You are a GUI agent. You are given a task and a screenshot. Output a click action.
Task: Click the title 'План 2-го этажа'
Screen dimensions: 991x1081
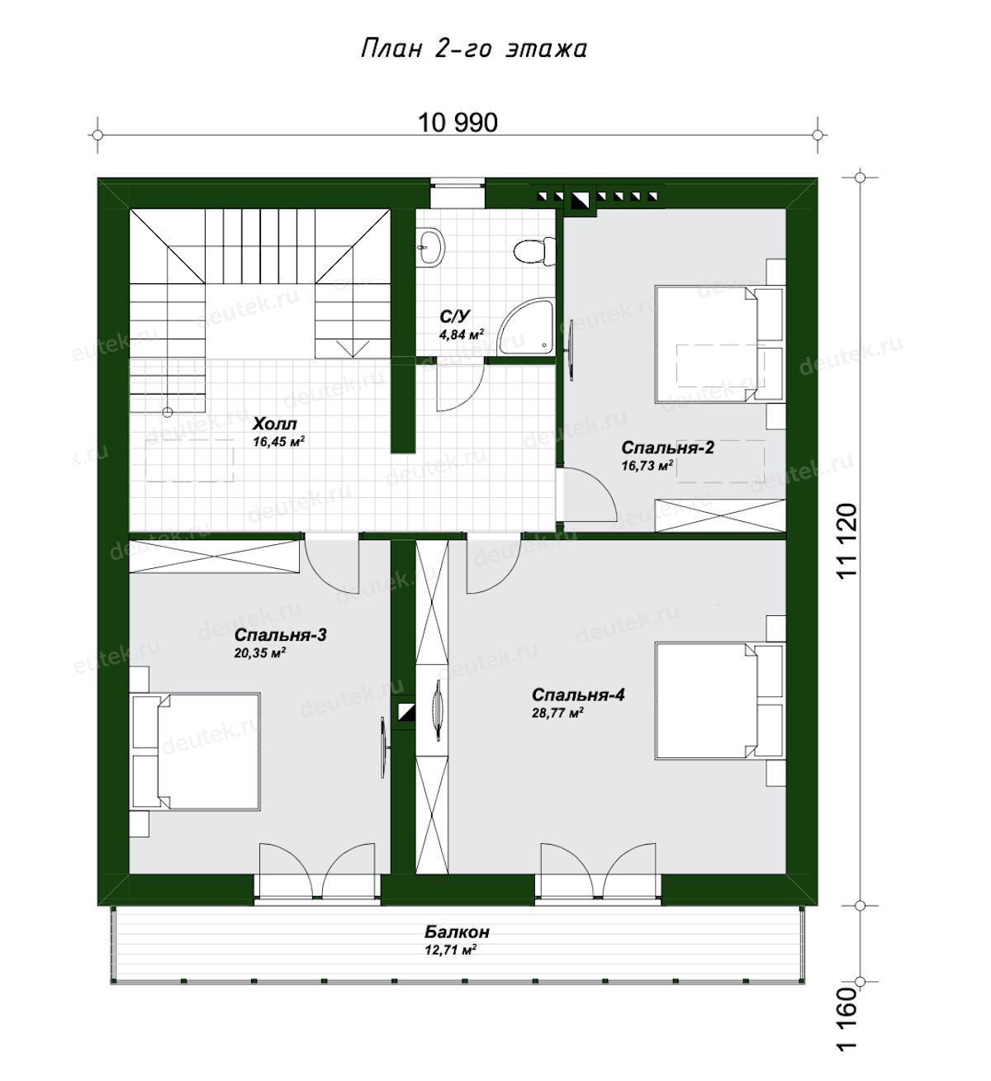click(x=474, y=49)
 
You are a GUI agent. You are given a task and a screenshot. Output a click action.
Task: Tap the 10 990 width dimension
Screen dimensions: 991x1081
click(x=458, y=123)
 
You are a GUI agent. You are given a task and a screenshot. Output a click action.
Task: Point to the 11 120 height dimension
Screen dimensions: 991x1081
click(x=846, y=541)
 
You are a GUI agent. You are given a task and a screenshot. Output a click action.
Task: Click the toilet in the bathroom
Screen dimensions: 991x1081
click(x=534, y=251)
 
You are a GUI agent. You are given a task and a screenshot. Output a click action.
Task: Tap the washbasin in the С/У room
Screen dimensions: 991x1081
click(x=431, y=248)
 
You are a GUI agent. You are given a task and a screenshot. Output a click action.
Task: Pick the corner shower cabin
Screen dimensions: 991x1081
click(x=526, y=328)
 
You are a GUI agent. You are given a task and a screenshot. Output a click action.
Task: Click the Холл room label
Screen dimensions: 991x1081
click(x=275, y=424)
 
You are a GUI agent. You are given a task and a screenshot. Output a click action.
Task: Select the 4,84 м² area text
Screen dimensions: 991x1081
click(x=462, y=334)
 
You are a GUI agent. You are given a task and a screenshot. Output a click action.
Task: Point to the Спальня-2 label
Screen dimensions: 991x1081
click(x=667, y=448)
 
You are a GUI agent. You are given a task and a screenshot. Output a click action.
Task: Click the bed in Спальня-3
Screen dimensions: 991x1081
click(x=197, y=751)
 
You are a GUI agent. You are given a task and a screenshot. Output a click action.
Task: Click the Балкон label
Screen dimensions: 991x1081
click(x=457, y=932)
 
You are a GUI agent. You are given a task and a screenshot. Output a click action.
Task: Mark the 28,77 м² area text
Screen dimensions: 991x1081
click(x=557, y=714)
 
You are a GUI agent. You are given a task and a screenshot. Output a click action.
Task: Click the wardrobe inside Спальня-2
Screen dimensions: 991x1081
click(x=720, y=515)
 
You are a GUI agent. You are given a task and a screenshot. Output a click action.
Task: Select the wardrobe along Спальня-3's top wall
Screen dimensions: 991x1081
click(x=214, y=556)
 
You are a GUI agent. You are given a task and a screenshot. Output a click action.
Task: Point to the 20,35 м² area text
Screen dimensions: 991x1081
click(x=260, y=653)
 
